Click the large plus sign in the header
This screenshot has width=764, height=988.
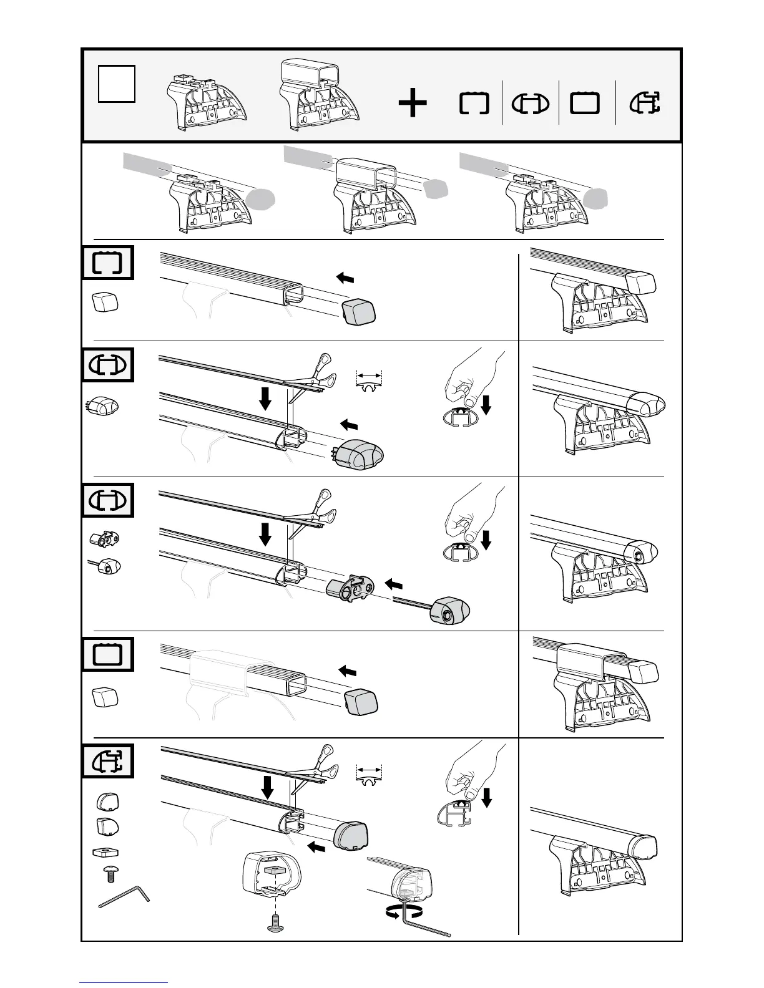[x=413, y=104]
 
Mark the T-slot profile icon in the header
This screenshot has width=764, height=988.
[x=645, y=104]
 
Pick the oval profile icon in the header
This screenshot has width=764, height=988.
[x=530, y=104]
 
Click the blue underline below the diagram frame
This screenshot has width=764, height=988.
[x=124, y=982]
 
